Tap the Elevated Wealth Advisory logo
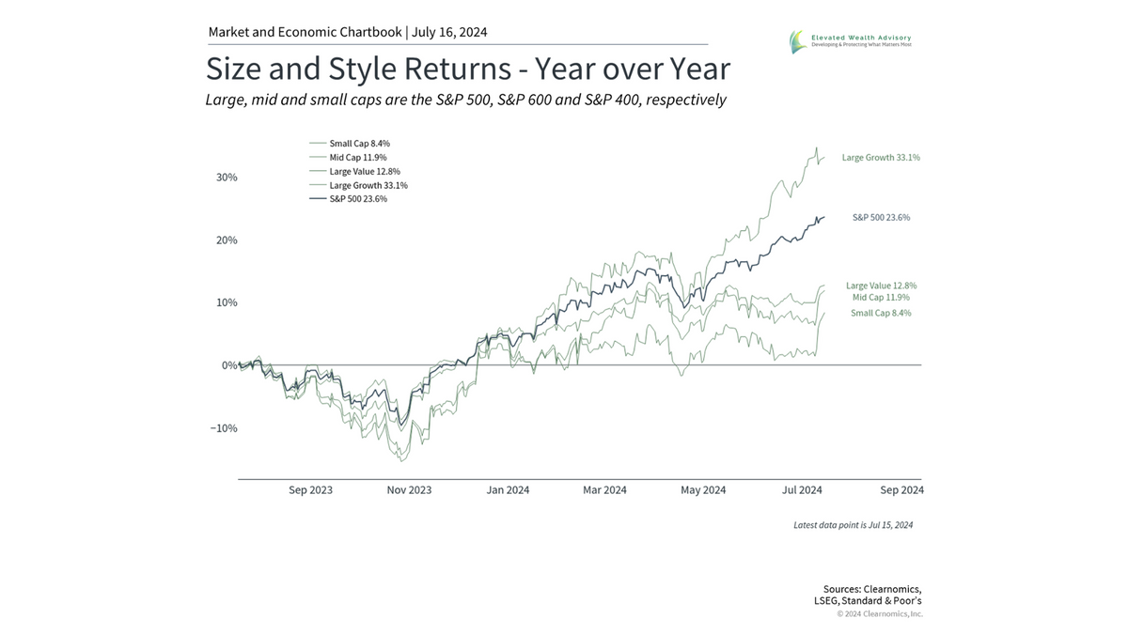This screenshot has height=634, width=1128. coord(851,41)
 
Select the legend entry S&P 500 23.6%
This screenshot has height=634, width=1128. coord(357,199)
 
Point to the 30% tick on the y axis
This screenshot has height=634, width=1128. coord(226,178)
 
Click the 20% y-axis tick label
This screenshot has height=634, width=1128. coord(226,240)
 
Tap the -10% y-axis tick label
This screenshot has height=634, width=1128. coord(222,428)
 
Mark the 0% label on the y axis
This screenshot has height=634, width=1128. coord(228,365)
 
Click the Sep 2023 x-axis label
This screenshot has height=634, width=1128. coord(310,490)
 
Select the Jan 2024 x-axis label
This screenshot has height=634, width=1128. coord(508,490)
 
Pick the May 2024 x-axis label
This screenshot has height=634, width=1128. coord(703,490)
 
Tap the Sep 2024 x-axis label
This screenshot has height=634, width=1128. coord(901,490)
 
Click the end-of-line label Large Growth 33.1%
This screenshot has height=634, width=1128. coord(881,158)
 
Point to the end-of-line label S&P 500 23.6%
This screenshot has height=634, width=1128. coord(881,218)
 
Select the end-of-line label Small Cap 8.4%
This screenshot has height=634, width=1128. coord(881,313)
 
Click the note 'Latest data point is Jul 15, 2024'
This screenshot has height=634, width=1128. coord(853,525)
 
